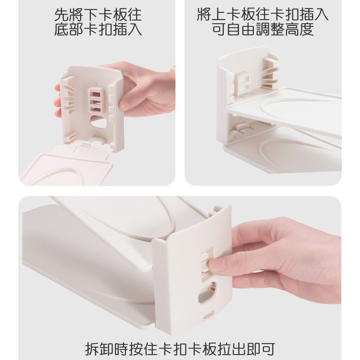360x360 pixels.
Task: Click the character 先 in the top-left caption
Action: click(x=62, y=15)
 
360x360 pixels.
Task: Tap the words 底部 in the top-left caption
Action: click(x=69, y=29)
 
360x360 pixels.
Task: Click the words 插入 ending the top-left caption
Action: click(x=128, y=29)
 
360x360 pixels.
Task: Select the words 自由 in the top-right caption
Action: click(x=241, y=29)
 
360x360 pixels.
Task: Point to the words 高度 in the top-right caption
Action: click(x=299, y=29)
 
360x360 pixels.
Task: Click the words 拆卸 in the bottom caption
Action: click(x=99, y=349)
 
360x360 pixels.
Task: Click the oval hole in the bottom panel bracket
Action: click(x=207, y=293)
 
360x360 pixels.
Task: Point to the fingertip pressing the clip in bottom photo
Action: click(x=212, y=263)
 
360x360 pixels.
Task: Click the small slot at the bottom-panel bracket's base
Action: click(x=209, y=315)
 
